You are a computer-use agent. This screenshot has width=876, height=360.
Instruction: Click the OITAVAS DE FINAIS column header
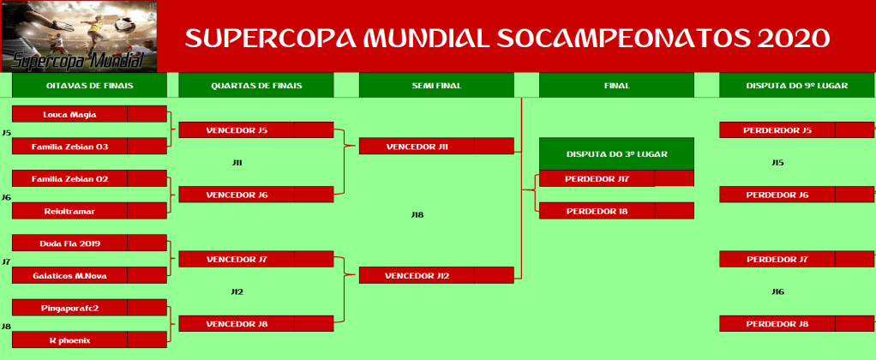click(89, 86)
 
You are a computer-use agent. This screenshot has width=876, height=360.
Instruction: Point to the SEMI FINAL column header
click(436, 86)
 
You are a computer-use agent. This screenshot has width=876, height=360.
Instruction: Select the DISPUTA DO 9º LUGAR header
click(796, 86)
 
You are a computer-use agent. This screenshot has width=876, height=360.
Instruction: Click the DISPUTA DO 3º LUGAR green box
click(616, 153)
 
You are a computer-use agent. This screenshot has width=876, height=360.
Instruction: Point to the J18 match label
click(417, 214)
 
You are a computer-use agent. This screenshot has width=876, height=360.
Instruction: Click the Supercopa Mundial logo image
click(79, 36)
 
